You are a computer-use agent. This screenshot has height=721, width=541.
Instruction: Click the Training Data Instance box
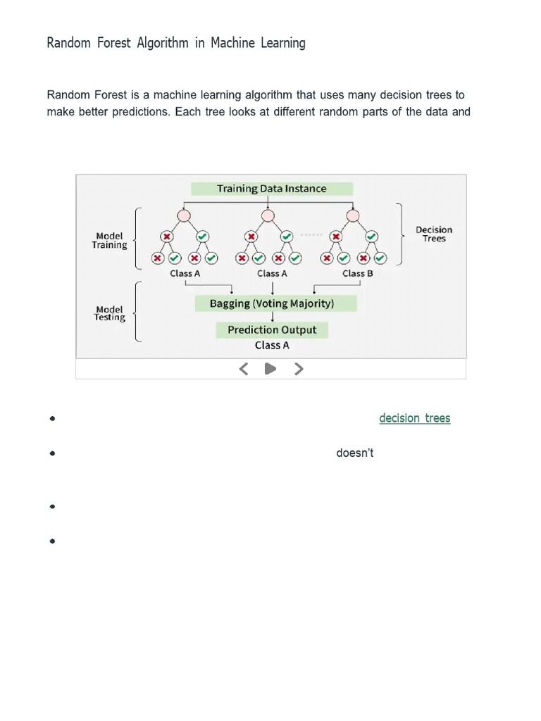tap(272, 189)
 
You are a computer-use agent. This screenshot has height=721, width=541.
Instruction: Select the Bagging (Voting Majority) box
tap(272, 303)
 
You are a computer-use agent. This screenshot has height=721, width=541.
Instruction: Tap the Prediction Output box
tap(272, 330)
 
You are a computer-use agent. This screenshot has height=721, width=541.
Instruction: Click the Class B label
tap(357, 273)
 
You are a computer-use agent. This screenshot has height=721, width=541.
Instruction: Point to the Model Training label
tap(109, 241)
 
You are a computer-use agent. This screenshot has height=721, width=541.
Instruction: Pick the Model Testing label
tap(109, 313)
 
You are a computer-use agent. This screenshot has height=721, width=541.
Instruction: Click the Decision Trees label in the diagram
tap(434, 234)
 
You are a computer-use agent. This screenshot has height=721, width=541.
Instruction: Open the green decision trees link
tap(414, 418)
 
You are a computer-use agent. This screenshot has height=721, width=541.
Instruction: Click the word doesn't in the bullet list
tap(354, 453)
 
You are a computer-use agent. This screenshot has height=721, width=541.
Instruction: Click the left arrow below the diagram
tap(244, 368)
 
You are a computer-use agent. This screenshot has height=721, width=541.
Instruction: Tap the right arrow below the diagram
tap(299, 368)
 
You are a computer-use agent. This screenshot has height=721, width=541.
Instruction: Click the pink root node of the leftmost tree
tap(184, 215)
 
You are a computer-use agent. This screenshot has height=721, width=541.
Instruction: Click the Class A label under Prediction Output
tap(272, 345)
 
